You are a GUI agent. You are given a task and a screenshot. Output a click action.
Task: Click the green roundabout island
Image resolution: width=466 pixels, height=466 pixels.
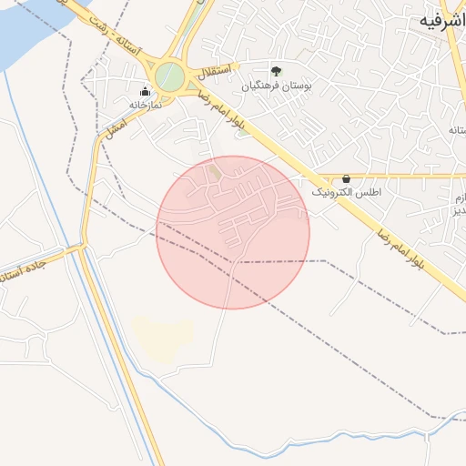click(168, 76)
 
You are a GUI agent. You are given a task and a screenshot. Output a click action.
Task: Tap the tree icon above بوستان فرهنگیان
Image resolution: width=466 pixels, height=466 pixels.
click(276, 70)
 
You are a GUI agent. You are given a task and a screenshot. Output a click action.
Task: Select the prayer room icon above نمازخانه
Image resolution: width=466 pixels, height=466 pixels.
click(145, 91)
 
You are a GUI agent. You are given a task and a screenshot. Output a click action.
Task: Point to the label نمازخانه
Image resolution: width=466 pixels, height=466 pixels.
click(145, 106)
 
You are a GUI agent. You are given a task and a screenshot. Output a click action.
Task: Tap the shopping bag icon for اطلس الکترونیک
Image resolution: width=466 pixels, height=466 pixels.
click(346, 179)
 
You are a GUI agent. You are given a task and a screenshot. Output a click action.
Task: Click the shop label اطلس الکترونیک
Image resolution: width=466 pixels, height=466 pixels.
click(346, 194)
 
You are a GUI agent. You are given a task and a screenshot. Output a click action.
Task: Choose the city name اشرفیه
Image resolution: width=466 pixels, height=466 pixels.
click(437, 20)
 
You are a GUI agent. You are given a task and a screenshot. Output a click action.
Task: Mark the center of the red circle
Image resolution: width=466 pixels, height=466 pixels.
click(233, 232)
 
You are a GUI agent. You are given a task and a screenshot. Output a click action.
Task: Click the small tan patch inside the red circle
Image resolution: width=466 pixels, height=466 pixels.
click(215, 170)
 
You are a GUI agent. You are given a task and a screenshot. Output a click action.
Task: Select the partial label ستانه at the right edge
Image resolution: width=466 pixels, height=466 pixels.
click(456, 130)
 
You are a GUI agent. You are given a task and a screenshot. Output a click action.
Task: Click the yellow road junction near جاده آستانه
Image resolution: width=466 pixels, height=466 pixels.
click(82, 247)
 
